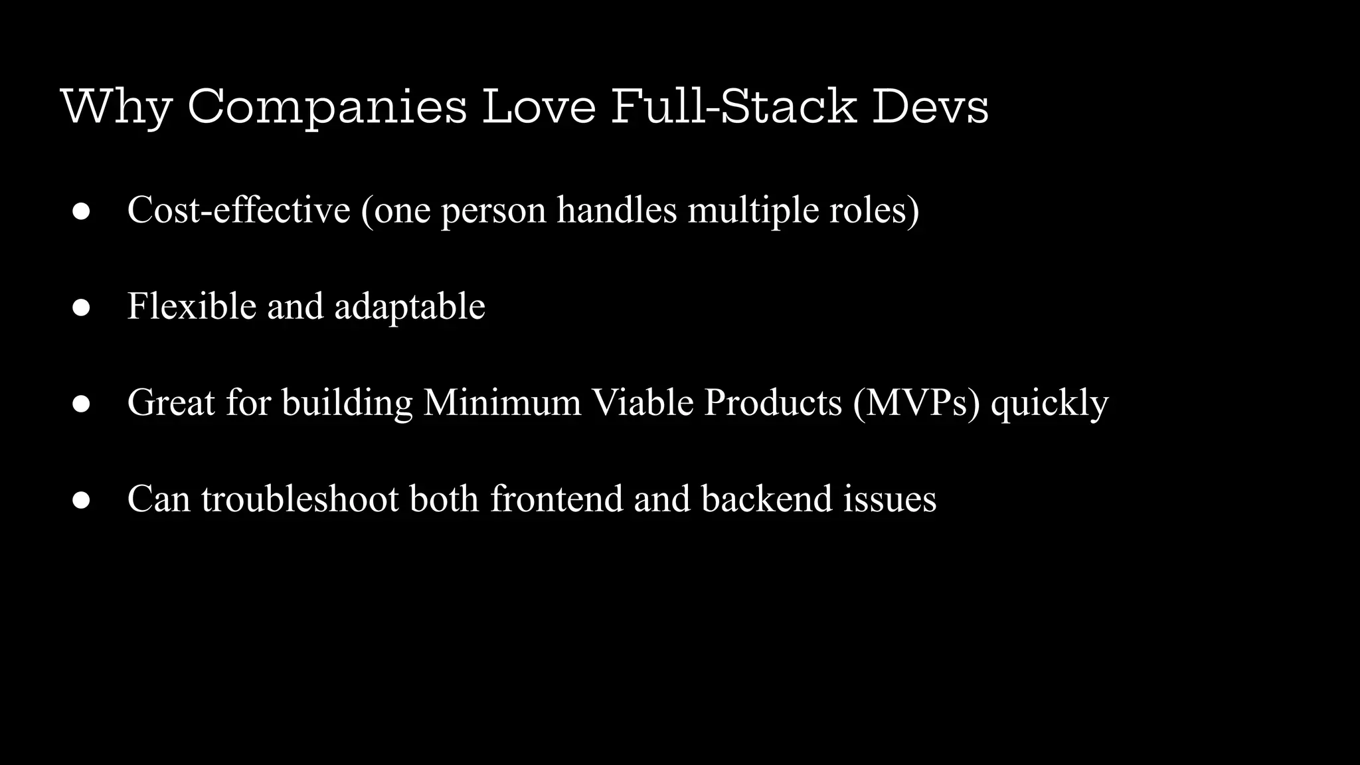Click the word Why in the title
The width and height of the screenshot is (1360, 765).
click(116, 106)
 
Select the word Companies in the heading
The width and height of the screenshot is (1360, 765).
click(327, 106)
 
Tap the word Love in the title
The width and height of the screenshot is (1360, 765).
click(539, 106)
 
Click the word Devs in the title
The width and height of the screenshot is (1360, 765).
click(930, 106)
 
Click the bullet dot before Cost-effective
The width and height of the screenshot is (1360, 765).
click(81, 211)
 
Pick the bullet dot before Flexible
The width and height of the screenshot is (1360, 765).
click(81, 307)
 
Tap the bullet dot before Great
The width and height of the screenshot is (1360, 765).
click(81, 404)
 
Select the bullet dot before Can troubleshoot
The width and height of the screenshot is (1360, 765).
click(81, 500)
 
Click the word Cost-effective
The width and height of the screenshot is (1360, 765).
click(238, 210)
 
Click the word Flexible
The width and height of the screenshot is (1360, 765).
click(192, 306)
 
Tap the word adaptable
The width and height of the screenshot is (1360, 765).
click(410, 306)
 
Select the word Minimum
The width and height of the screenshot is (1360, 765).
click(502, 402)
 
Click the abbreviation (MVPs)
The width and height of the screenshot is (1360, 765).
click(916, 402)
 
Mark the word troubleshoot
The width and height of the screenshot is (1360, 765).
click(300, 499)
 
